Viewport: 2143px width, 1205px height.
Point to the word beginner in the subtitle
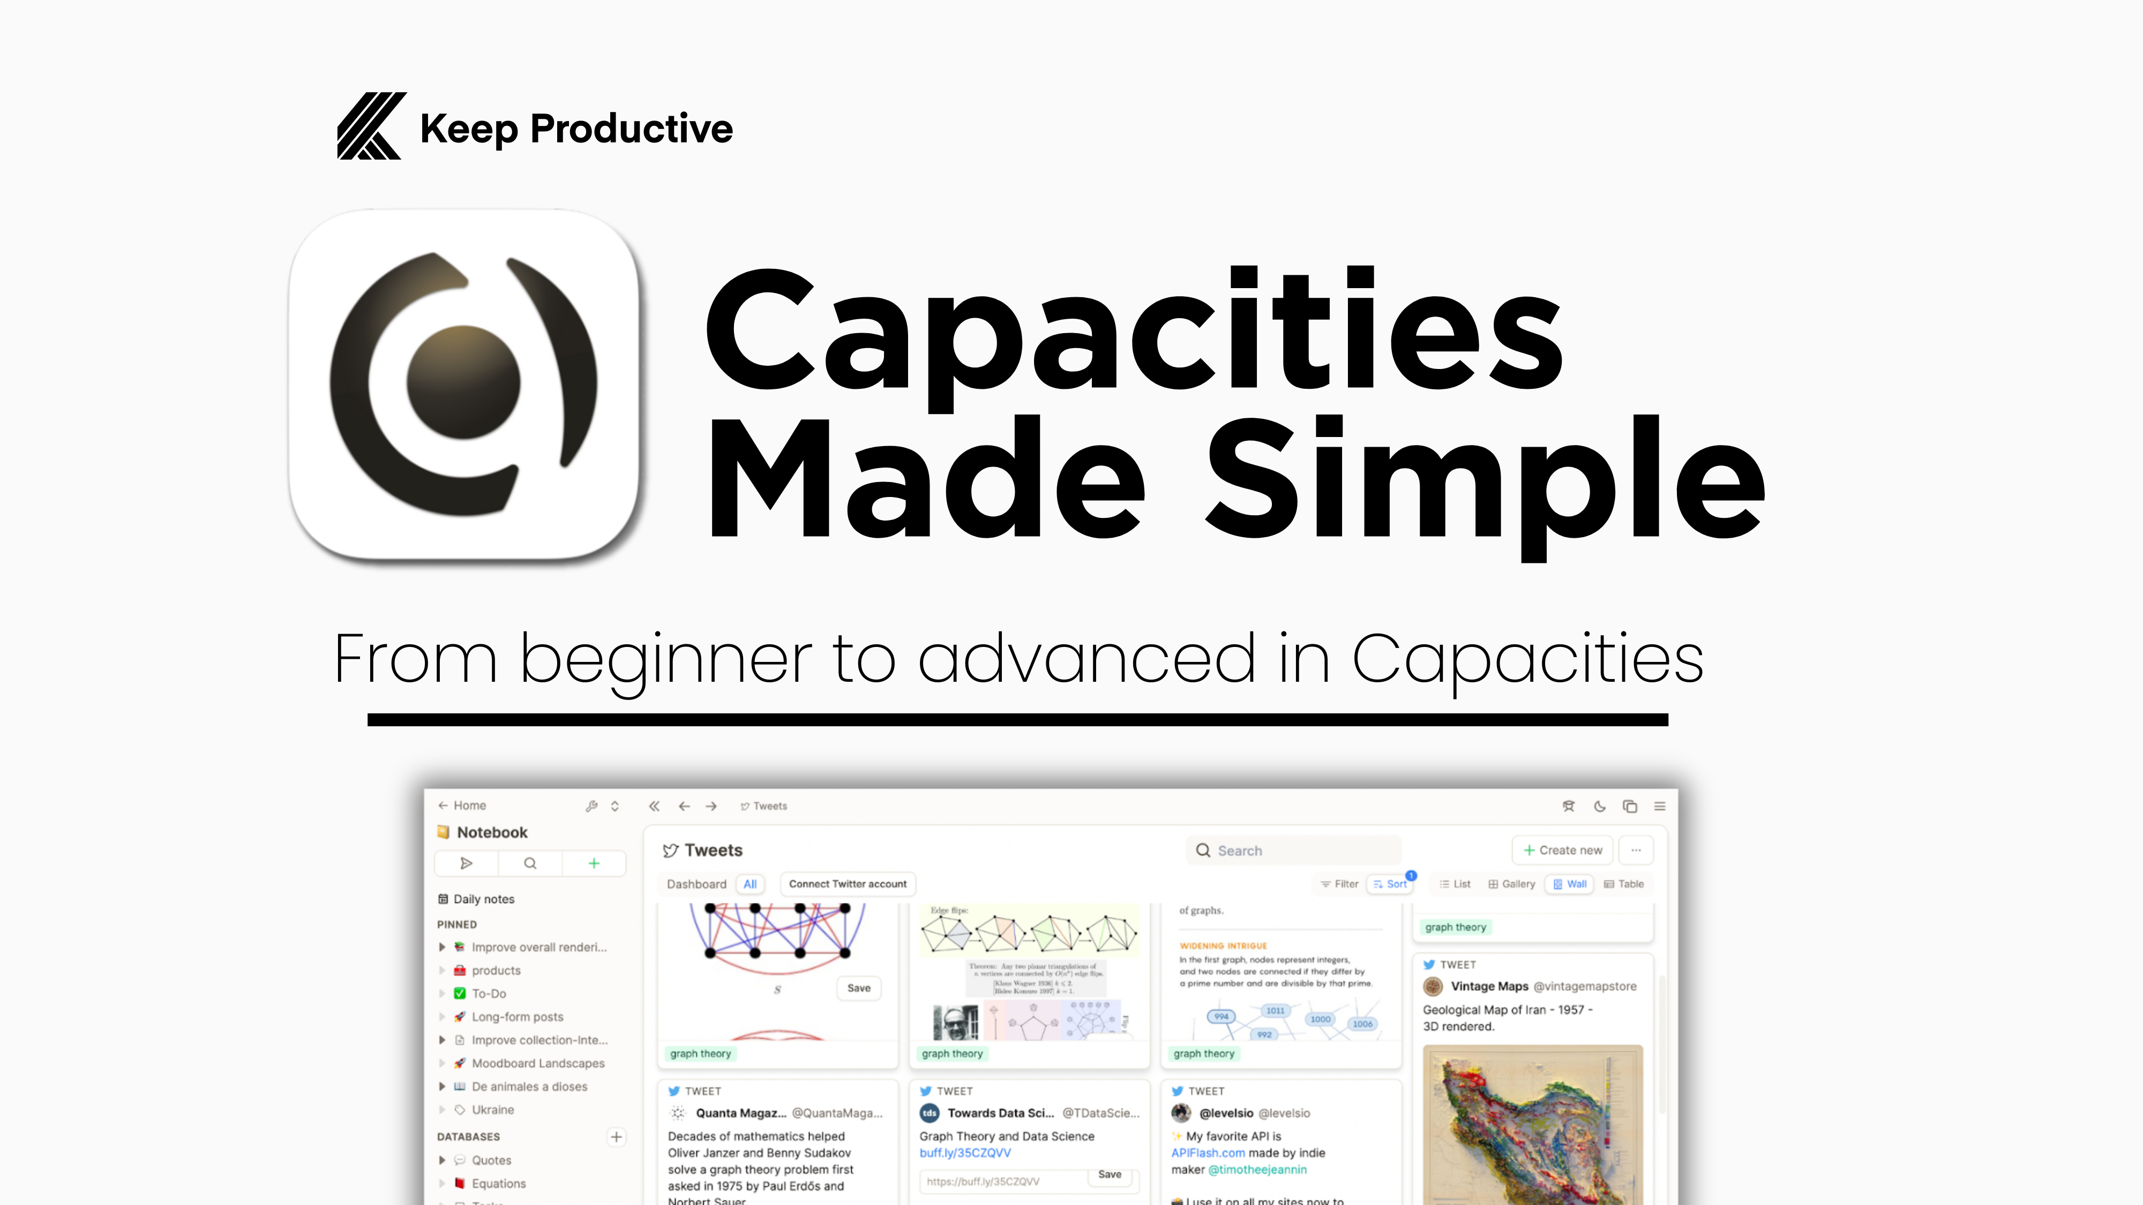(665, 659)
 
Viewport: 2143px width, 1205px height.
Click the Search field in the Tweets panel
(1294, 850)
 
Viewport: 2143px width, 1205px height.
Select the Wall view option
(1569, 884)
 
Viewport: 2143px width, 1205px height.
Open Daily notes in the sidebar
(483, 899)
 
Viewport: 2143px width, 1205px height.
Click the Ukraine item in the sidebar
(492, 1110)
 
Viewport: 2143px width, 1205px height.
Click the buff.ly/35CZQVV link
(965, 1153)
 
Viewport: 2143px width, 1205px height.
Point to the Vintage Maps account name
(1489, 986)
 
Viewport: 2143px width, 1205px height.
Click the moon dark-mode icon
(1599, 806)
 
